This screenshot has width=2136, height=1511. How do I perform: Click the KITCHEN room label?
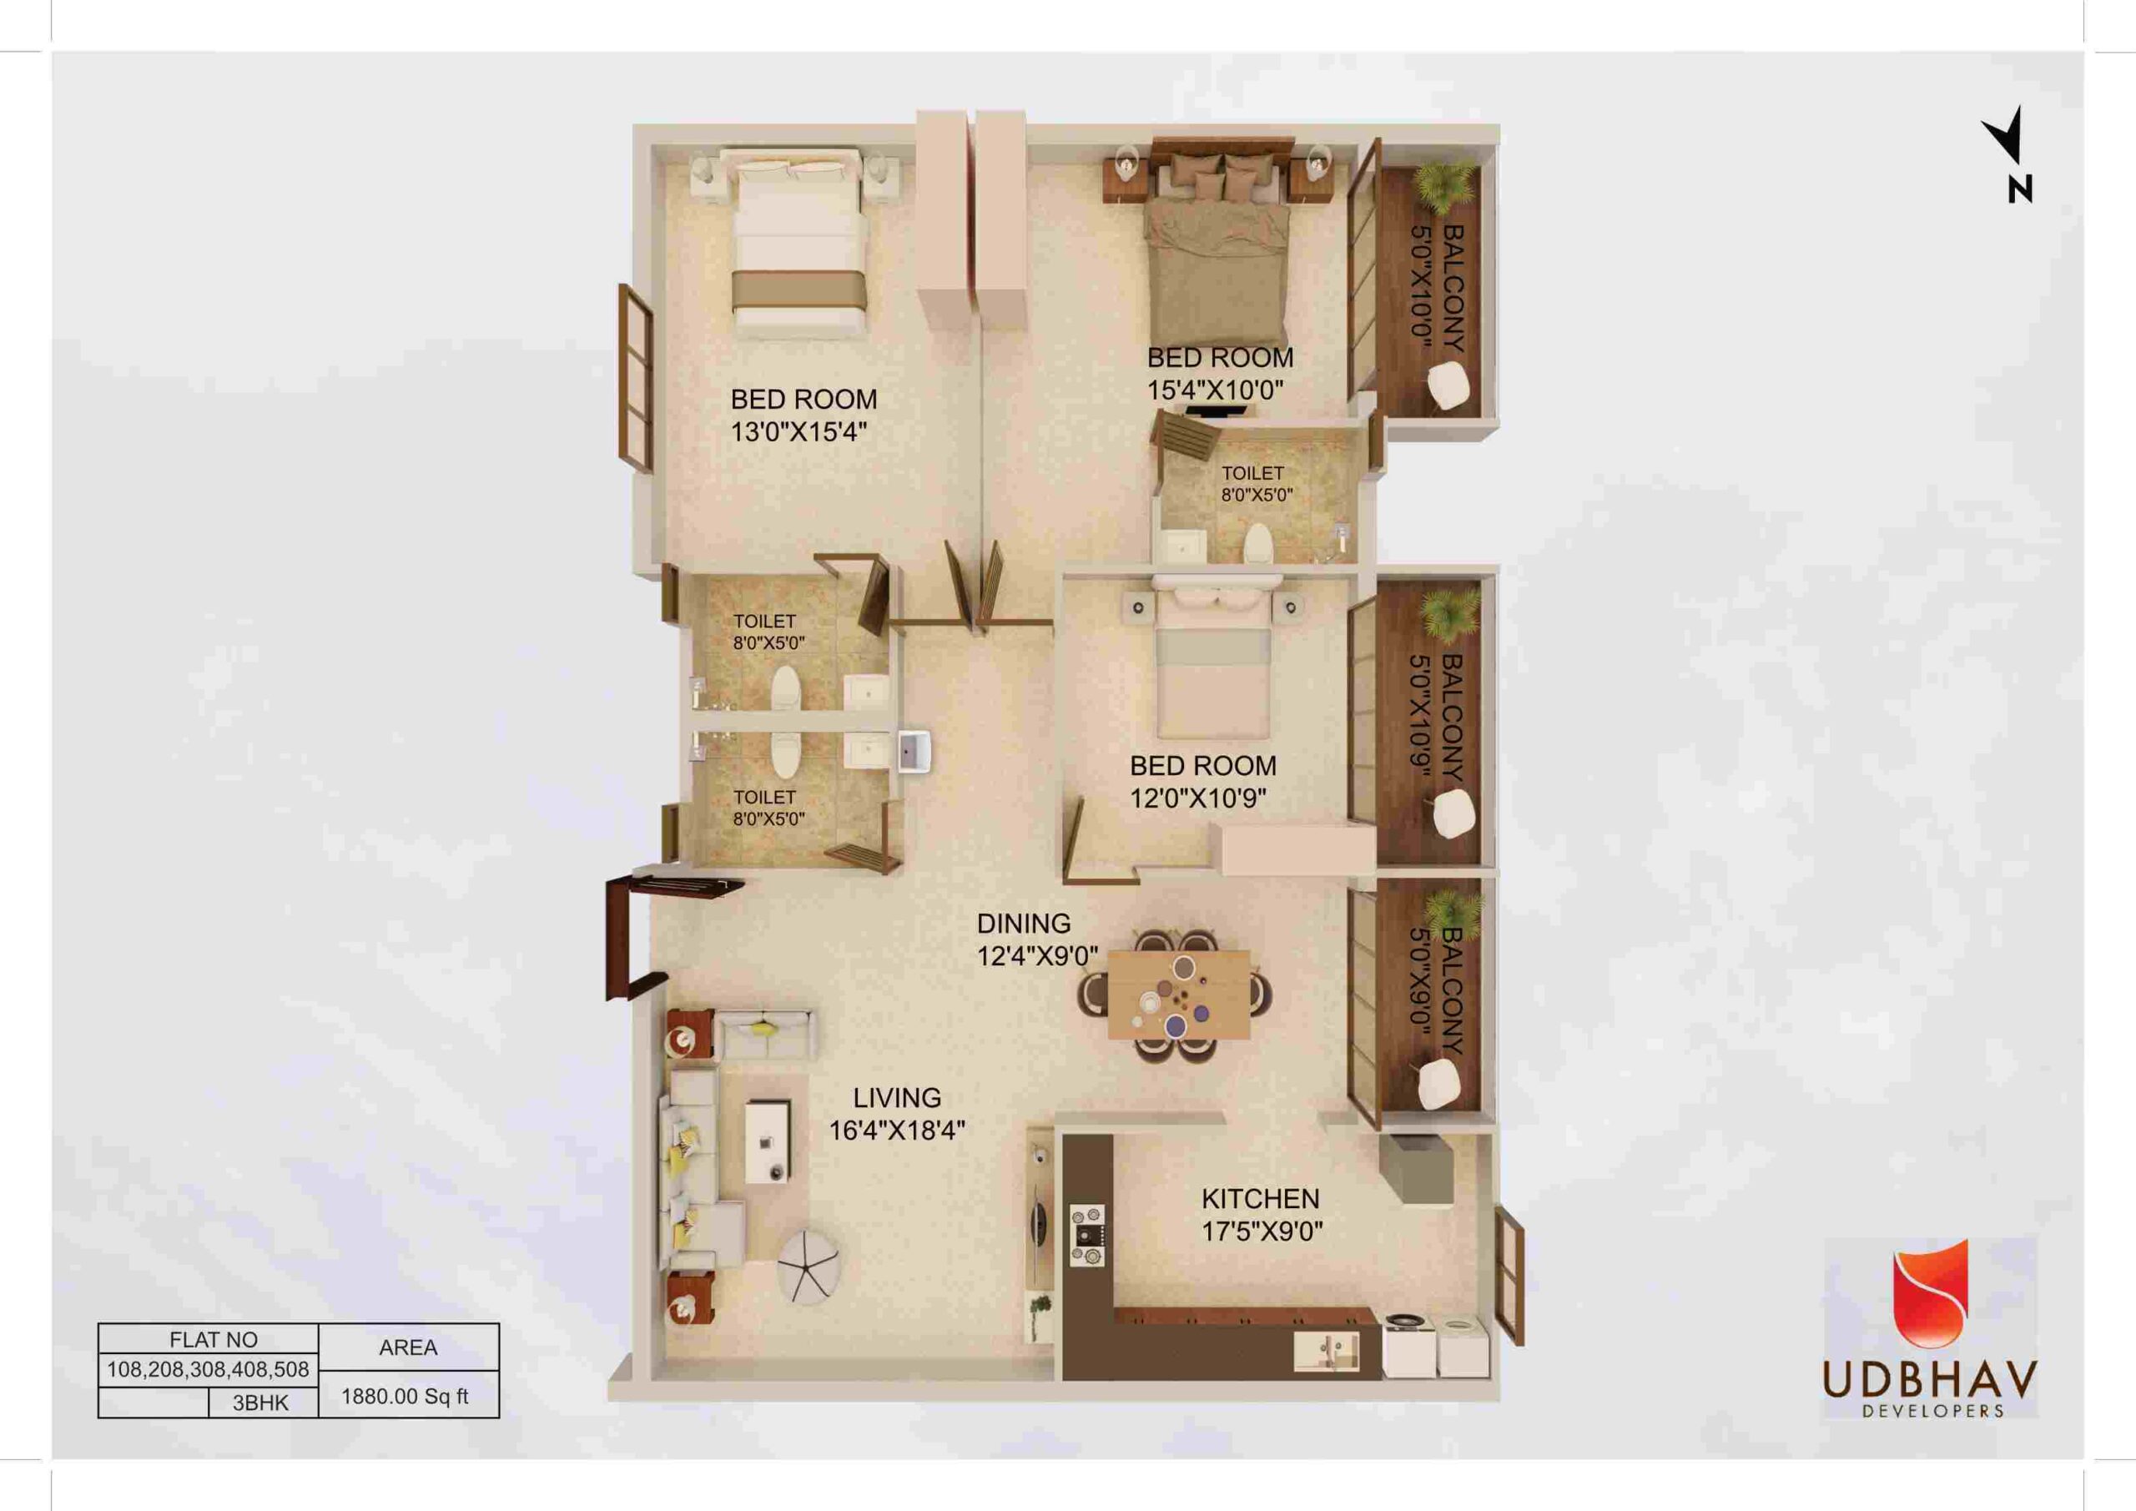(1261, 1198)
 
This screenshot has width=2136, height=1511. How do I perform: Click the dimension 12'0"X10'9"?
(1198, 798)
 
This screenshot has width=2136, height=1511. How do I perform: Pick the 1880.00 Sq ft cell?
(406, 1397)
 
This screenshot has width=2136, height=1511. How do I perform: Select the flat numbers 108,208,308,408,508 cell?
(209, 1369)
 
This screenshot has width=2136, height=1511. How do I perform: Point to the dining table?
(1179, 994)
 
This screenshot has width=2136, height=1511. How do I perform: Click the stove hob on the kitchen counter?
(1086, 1235)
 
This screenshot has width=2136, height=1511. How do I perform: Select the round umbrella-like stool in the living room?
(811, 1266)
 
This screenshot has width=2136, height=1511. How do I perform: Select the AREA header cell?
(408, 1347)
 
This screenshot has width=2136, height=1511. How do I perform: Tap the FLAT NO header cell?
(213, 1340)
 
